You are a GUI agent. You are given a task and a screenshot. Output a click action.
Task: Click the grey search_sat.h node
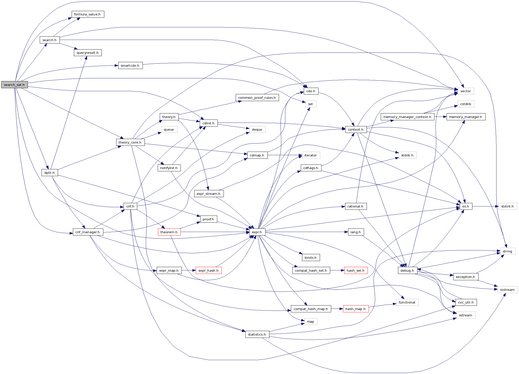14,85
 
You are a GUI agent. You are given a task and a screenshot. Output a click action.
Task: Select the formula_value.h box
88,14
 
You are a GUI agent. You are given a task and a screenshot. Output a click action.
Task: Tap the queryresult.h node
88,53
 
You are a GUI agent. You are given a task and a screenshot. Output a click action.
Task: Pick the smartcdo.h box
130,66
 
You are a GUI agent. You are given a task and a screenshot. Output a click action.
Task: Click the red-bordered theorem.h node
169,232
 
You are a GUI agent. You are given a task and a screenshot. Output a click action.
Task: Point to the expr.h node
257,232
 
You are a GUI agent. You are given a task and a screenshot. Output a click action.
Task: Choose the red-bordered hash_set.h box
356,270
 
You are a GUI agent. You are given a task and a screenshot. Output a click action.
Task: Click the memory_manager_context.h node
407,117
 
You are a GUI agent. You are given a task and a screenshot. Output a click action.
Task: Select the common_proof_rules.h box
257,98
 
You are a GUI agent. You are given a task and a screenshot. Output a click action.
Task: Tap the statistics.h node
257,334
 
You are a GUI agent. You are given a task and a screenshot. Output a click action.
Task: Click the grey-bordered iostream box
507,290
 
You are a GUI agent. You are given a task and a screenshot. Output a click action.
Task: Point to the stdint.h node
507,206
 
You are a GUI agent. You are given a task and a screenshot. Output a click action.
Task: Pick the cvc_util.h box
466,302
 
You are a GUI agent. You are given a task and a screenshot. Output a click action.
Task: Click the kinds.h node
311,258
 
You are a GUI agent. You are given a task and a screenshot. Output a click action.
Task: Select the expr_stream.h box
209,194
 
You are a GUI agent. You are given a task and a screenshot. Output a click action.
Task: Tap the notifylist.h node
169,168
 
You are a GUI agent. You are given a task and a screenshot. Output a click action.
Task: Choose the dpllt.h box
50,173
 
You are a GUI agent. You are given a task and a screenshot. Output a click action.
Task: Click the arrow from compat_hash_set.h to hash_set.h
337,270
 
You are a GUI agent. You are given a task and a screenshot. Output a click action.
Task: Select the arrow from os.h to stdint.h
485,206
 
